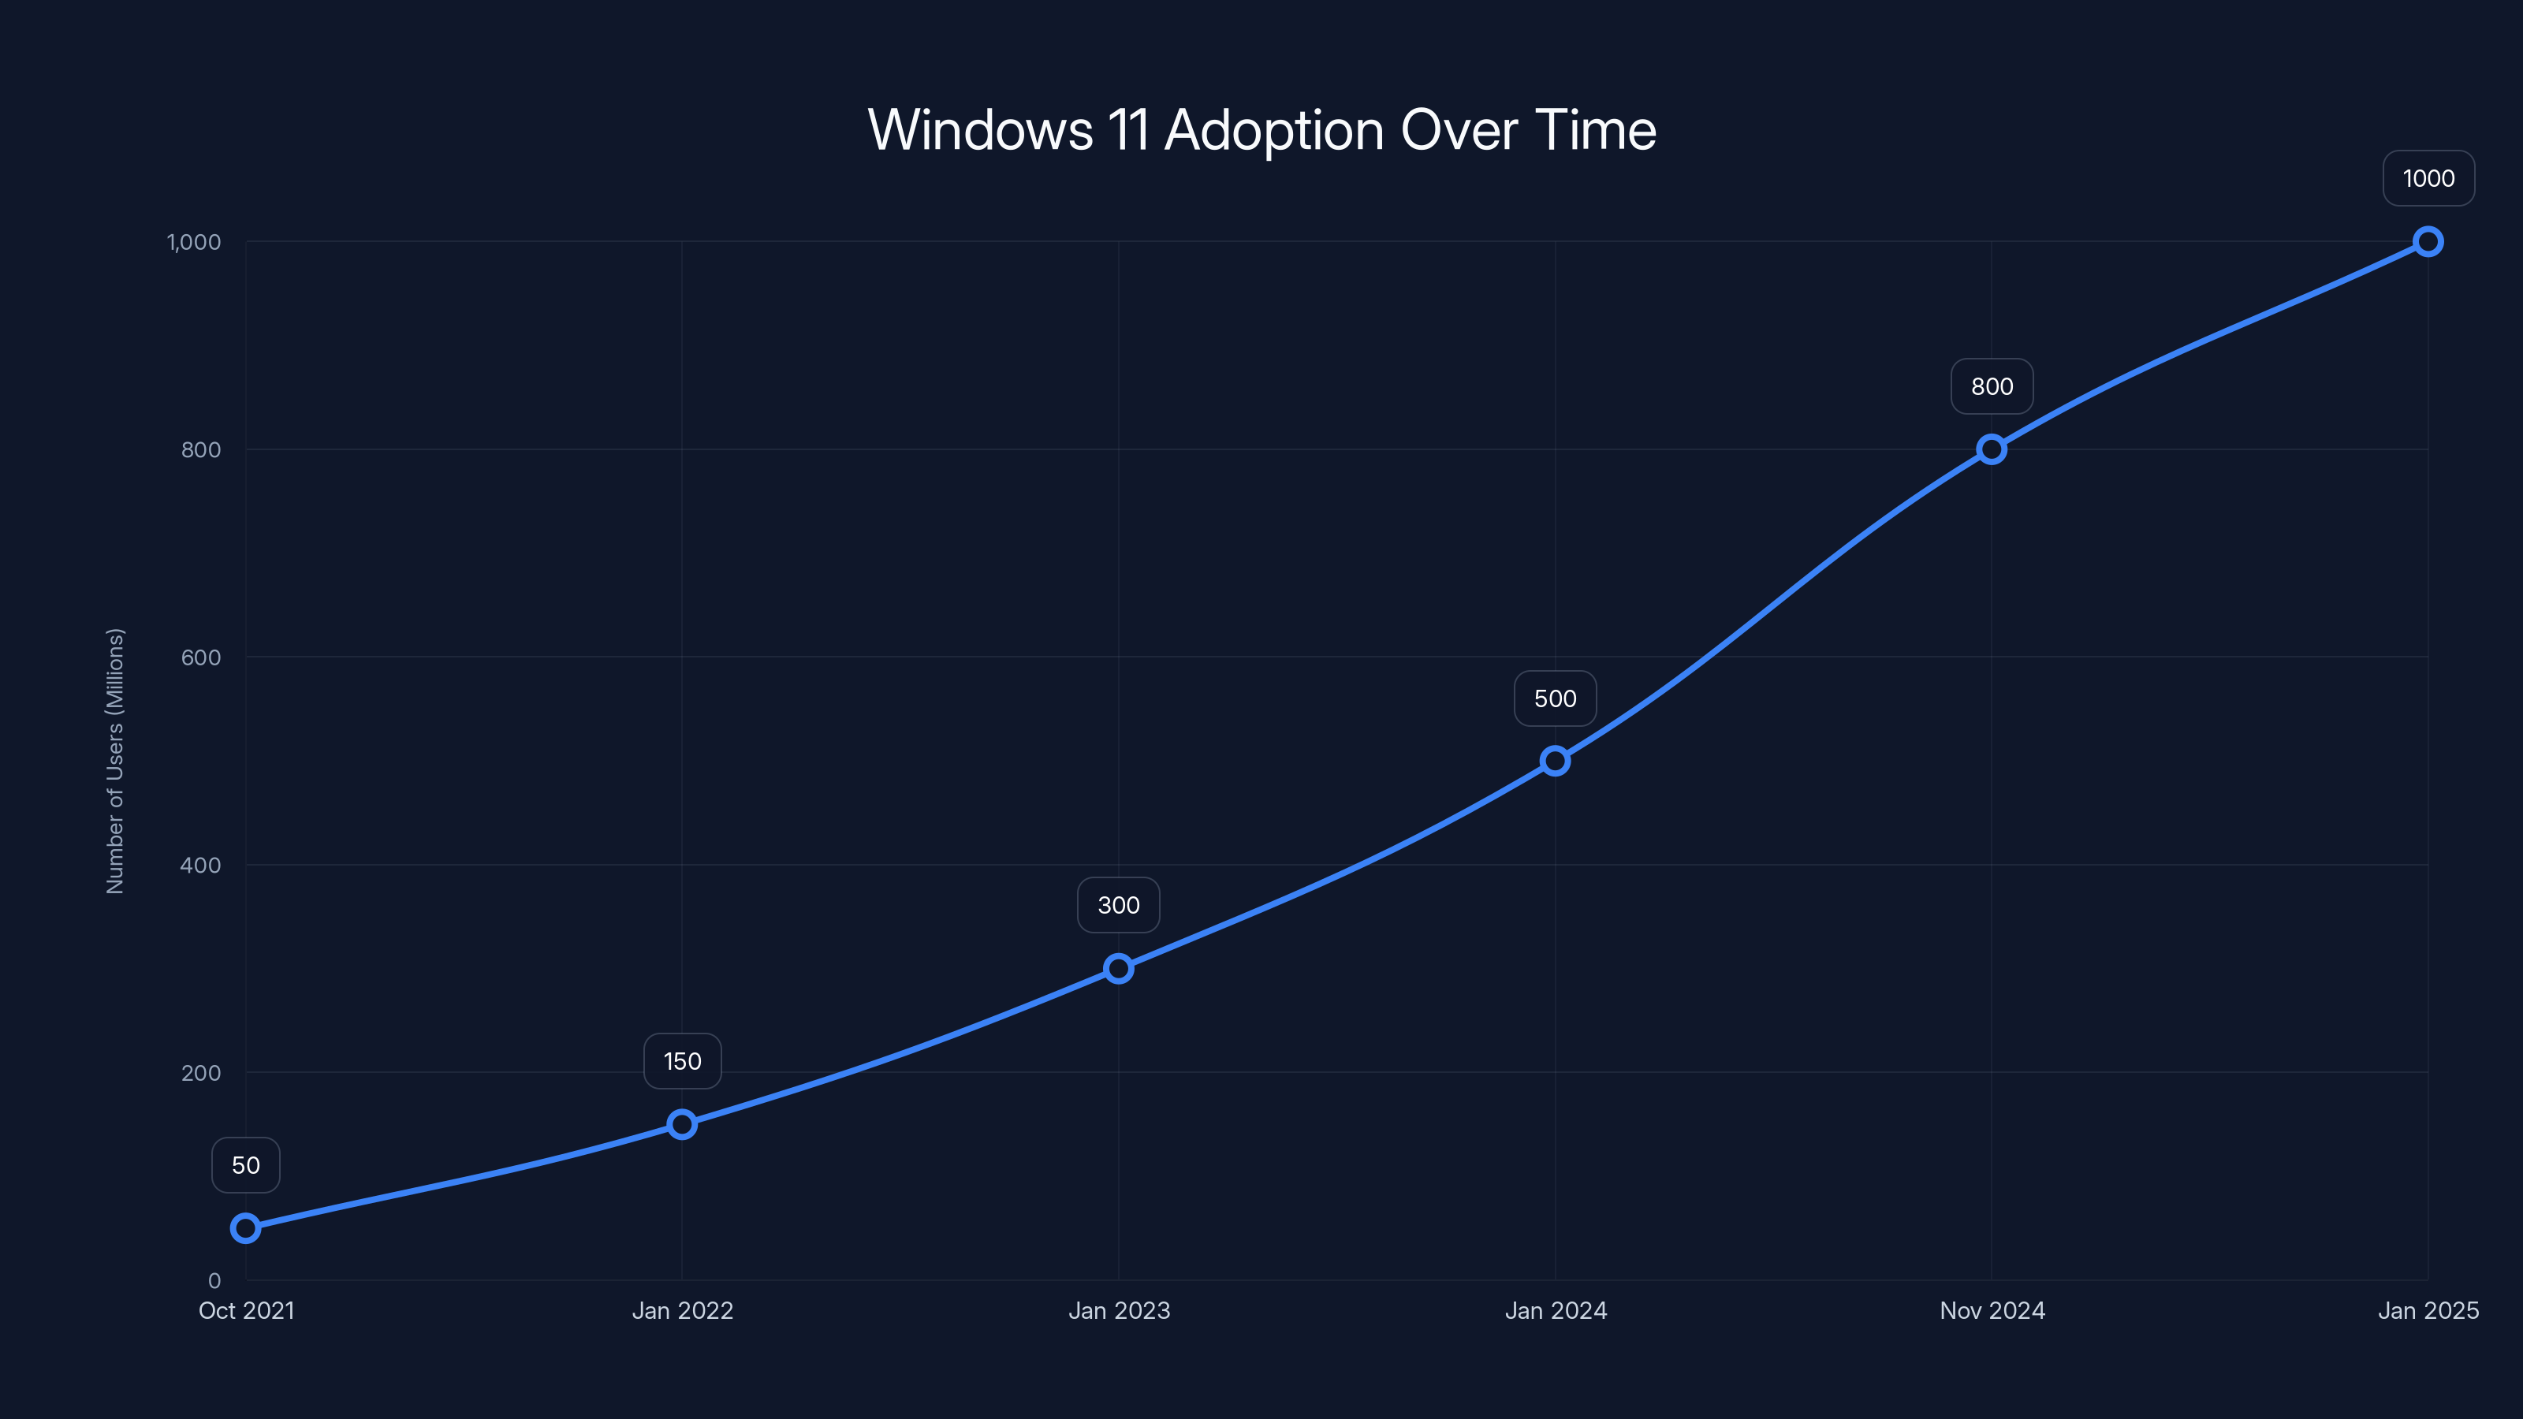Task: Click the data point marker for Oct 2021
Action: (x=246, y=1228)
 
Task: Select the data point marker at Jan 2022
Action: (x=683, y=1124)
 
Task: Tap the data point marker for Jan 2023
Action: (x=1119, y=969)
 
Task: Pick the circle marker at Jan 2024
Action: (x=1556, y=761)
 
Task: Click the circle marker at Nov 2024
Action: (x=1991, y=449)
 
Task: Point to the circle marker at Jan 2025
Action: (x=2428, y=242)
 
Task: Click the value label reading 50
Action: (x=246, y=1165)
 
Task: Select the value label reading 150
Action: (x=683, y=1062)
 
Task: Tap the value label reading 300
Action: (x=1119, y=906)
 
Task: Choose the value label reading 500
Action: (x=1556, y=699)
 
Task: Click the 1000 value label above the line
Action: (x=2428, y=179)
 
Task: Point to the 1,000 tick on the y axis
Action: (x=194, y=243)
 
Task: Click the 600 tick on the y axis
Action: (x=201, y=658)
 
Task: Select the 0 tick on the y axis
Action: (x=214, y=1281)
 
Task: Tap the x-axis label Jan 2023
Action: (x=1119, y=1311)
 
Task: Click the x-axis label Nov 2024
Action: (x=1992, y=1311)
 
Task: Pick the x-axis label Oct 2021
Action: (x=246, y=1311)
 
